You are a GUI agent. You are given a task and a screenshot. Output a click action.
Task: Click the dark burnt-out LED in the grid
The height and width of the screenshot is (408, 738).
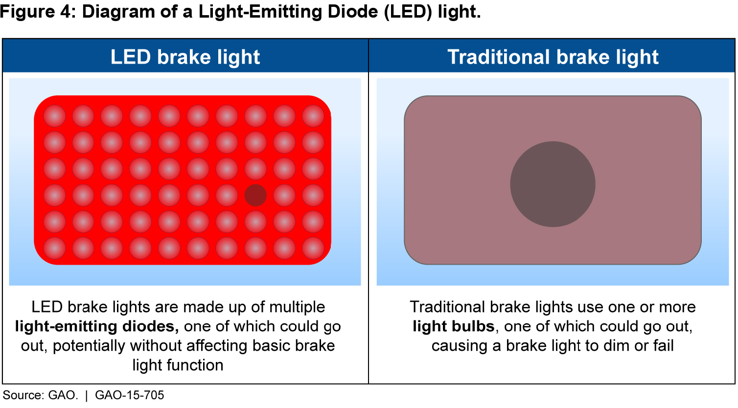[x=255, y=195]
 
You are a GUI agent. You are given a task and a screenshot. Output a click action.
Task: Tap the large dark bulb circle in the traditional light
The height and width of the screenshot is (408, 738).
[x=553, y=184]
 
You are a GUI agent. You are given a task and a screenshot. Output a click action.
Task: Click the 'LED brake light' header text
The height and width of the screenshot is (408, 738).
[x=185, y=57]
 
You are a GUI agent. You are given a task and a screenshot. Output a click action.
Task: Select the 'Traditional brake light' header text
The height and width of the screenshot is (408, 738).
[x=553, y=57]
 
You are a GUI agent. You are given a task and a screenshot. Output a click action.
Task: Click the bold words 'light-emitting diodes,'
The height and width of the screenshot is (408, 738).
[x=97, y=327]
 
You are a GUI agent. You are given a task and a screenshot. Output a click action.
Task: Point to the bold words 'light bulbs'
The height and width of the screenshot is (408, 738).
[x=454, y=327]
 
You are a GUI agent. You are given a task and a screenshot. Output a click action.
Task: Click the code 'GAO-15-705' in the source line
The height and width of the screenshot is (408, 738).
[x=130, y=395]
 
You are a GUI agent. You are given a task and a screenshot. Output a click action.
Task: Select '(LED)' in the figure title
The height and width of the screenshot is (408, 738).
[x=408, y=12]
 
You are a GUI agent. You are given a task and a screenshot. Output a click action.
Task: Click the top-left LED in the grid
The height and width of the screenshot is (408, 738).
[x=54, y=116]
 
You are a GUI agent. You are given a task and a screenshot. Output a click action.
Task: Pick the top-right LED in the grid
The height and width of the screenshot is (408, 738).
[x=313, y=116]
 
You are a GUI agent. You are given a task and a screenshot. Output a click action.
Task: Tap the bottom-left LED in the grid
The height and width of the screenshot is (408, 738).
[x=54, y=248]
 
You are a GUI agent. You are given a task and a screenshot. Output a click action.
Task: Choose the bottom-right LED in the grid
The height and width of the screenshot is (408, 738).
[x=313, y=248]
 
